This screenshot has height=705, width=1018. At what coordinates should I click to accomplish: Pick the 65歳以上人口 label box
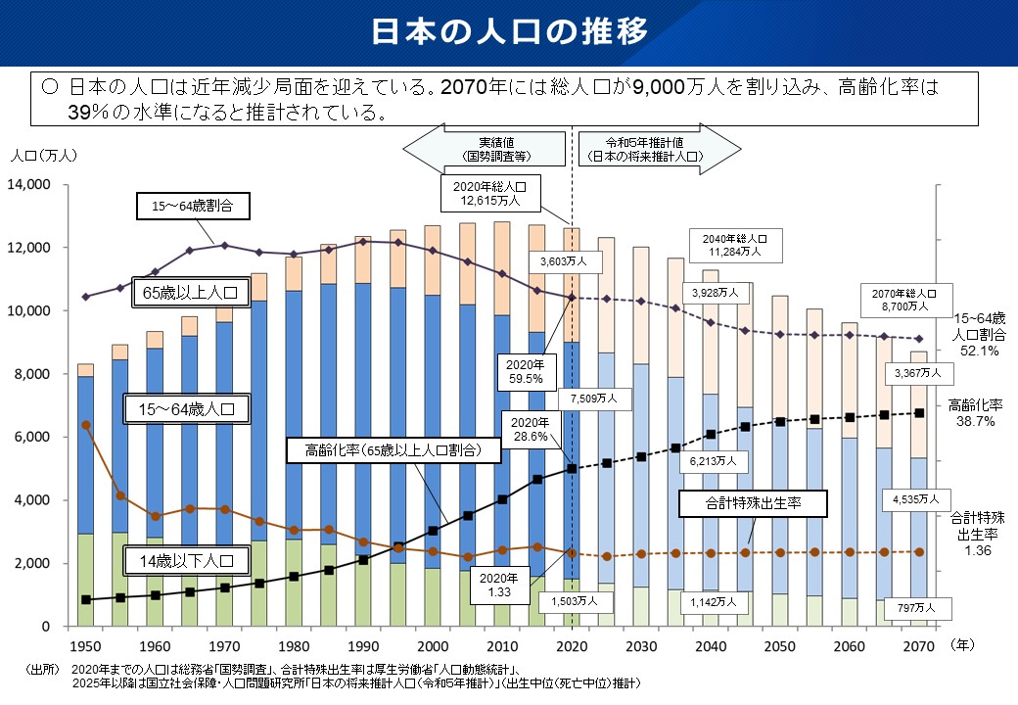pos(187,293)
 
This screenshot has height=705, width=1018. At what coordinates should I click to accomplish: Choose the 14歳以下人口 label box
pos(185,562)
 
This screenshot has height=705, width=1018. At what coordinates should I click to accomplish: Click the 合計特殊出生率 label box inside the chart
pos(754,504)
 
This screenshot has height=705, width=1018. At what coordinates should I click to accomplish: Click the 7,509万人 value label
pos(600,399)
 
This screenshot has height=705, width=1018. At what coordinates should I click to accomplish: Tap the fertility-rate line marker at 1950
pos(86,425)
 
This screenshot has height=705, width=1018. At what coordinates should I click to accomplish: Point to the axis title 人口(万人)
pos(37,155)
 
